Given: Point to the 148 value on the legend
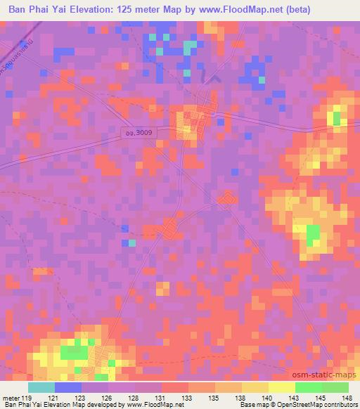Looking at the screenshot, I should (x=346, y=398).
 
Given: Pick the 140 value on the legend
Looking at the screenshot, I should (x=268, y=398).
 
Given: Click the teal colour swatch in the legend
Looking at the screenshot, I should (x=41, y=387).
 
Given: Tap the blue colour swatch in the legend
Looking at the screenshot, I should (x=68, y=387).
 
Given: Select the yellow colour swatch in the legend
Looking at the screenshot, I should (x=281, y=387).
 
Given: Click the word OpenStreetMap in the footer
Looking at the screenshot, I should (x=301, y=405).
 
